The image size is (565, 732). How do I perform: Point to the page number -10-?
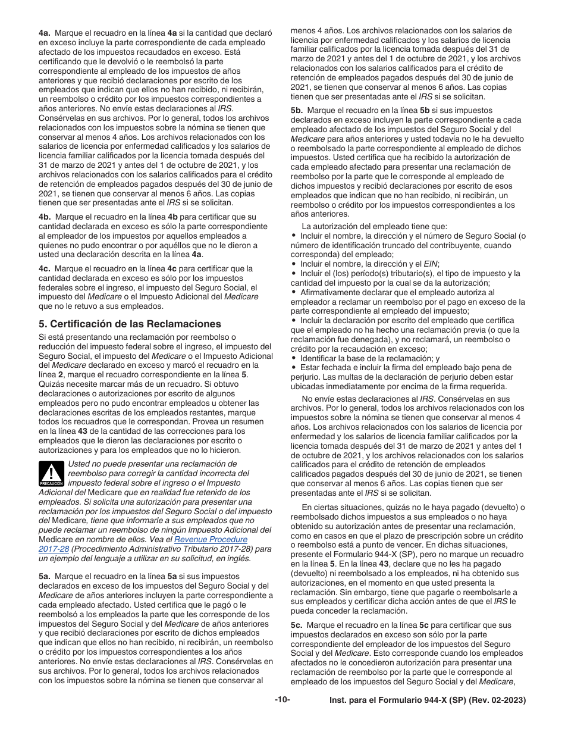(x=282, y=700)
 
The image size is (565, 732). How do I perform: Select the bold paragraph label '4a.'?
(x=45, y=33)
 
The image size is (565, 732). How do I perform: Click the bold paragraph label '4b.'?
(x=45, y=217)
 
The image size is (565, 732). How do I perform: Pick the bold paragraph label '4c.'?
(x=45, y=268)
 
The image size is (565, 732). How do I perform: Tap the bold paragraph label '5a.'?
(x=45, y=577)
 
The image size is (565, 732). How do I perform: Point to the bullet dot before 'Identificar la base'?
(x=294, y=359)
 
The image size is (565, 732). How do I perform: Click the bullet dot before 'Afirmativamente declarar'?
(x=294, y=292)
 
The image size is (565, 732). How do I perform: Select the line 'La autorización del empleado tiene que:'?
(x=374, y=226)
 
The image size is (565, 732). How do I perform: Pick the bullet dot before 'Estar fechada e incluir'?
(x=294, y=368)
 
